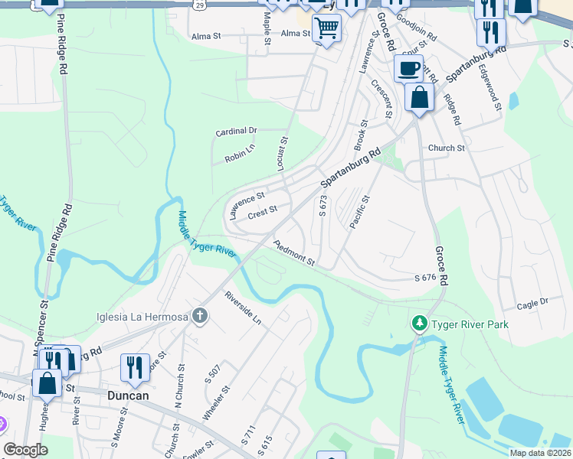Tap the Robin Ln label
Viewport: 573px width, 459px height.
(x=239, y=153)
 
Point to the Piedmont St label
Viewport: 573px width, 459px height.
(x=294, y=253)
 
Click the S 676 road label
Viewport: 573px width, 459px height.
(x=425, y=278)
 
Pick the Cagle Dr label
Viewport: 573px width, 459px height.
(x=533, y=304)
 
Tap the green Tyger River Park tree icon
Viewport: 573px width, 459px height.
(x=419, y=324)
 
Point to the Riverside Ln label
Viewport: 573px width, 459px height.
(x=243, y=308)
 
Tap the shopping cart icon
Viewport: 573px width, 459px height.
(x=327, y=29)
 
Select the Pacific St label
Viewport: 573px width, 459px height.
(x=359, y=212)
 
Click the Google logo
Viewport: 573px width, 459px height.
(x=26, y=450)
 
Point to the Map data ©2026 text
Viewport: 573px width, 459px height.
(x=539, y=453)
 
